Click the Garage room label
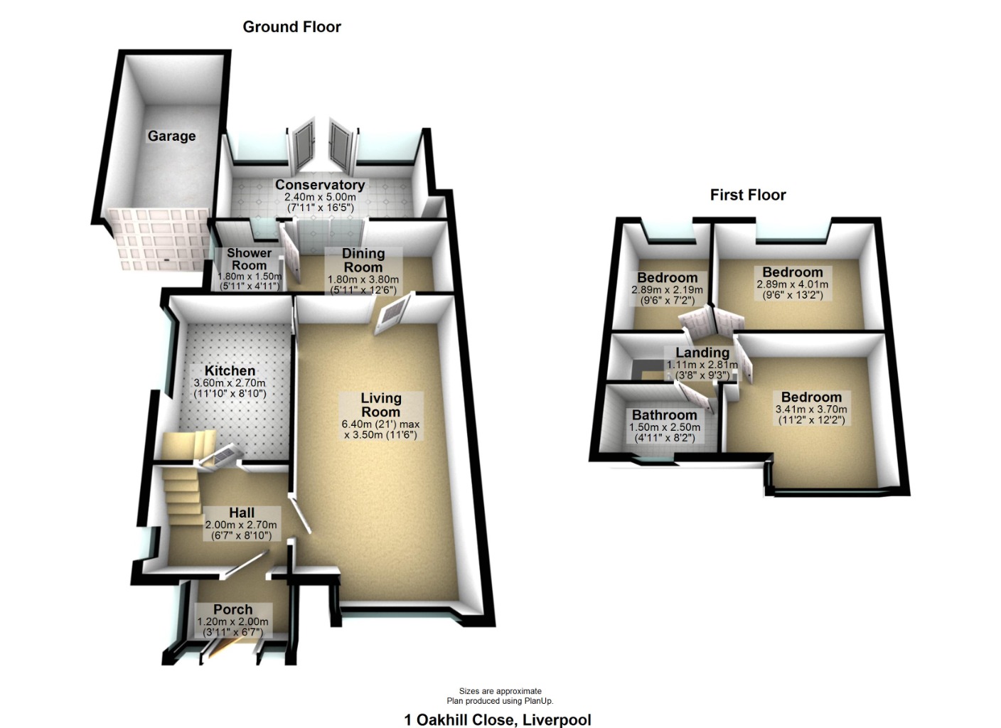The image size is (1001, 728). point(171,136)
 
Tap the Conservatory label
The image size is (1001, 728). point(320,185)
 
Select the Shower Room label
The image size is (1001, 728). point(249,259)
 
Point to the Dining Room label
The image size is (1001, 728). point(363,260)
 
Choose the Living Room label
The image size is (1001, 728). point(380,405)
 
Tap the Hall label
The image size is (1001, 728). point(242,513)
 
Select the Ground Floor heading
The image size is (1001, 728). point(291,27)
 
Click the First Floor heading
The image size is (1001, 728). point(748,195)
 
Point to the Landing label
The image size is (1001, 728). point(702,353)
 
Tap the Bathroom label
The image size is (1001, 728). point(664,415)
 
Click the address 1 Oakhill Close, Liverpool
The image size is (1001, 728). point(498,719)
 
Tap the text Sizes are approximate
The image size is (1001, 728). point(500,691)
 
